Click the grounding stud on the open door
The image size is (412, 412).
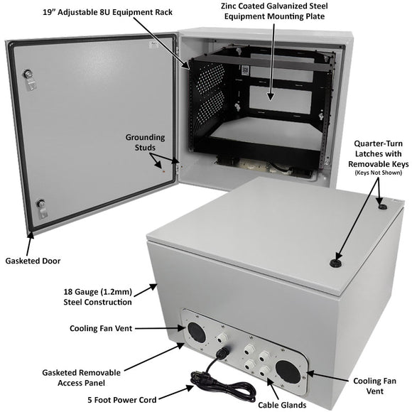163,169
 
